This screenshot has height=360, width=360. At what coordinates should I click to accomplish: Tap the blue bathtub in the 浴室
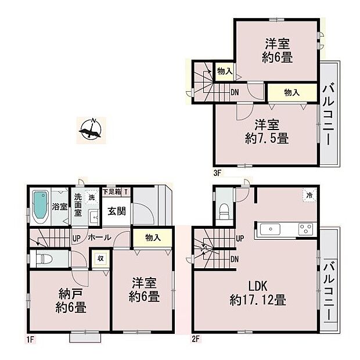[x=40, y=206]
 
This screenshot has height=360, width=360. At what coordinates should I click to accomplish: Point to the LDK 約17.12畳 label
[x=257, y=294]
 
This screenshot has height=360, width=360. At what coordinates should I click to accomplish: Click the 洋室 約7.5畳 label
[x=266, y=132]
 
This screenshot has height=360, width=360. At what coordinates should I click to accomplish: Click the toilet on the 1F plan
[x=44, y=259]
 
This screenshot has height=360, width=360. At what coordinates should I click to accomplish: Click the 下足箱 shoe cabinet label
[x=111, y=191]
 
